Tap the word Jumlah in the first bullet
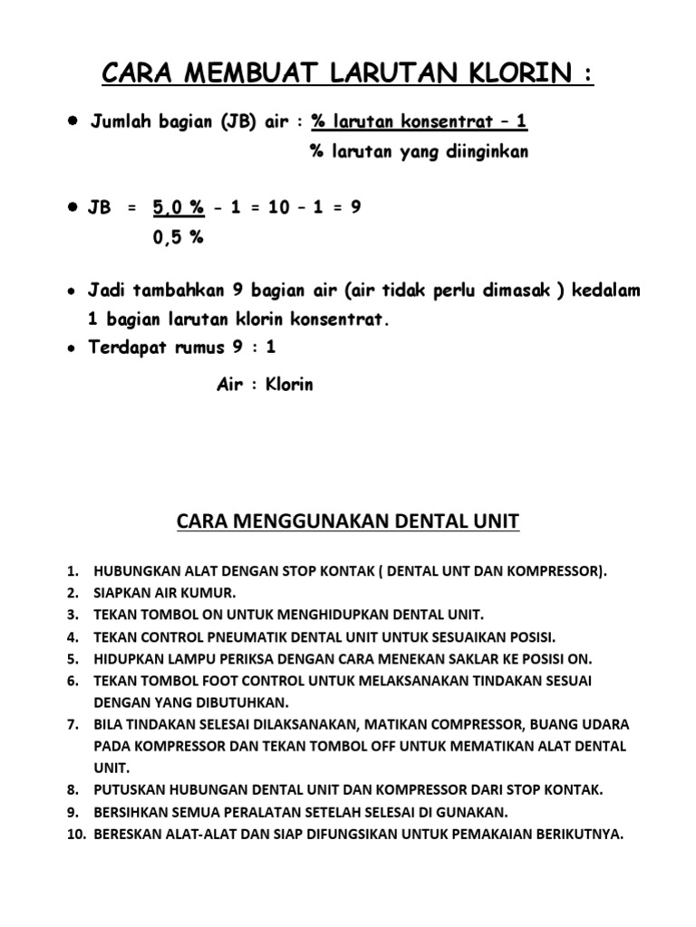[x=123, y=123]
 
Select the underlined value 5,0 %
[x=178, y=207]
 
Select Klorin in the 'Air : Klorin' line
[x=289, y=384]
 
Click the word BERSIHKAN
[x=131, y=812]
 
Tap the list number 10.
[x=74, y=834]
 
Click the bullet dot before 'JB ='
[x=71, y=207]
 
